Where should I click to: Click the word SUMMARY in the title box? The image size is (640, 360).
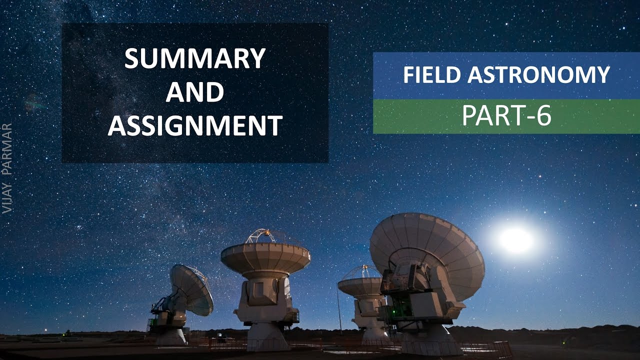(x=194, y=59)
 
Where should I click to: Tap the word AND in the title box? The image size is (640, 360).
(x=194, y=92)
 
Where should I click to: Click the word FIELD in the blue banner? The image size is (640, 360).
(x=432, y=75)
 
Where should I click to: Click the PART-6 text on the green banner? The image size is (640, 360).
(x=506, y=116)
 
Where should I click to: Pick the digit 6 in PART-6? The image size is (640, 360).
(x=544, y=116)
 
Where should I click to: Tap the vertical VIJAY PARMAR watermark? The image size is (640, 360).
(x=7, y=168)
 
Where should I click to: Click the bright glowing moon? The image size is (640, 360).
(x=516, y=240)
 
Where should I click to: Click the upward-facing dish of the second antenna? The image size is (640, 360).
(x=265, y=256)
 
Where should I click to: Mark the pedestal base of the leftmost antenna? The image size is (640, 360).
(x=170, y=335)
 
